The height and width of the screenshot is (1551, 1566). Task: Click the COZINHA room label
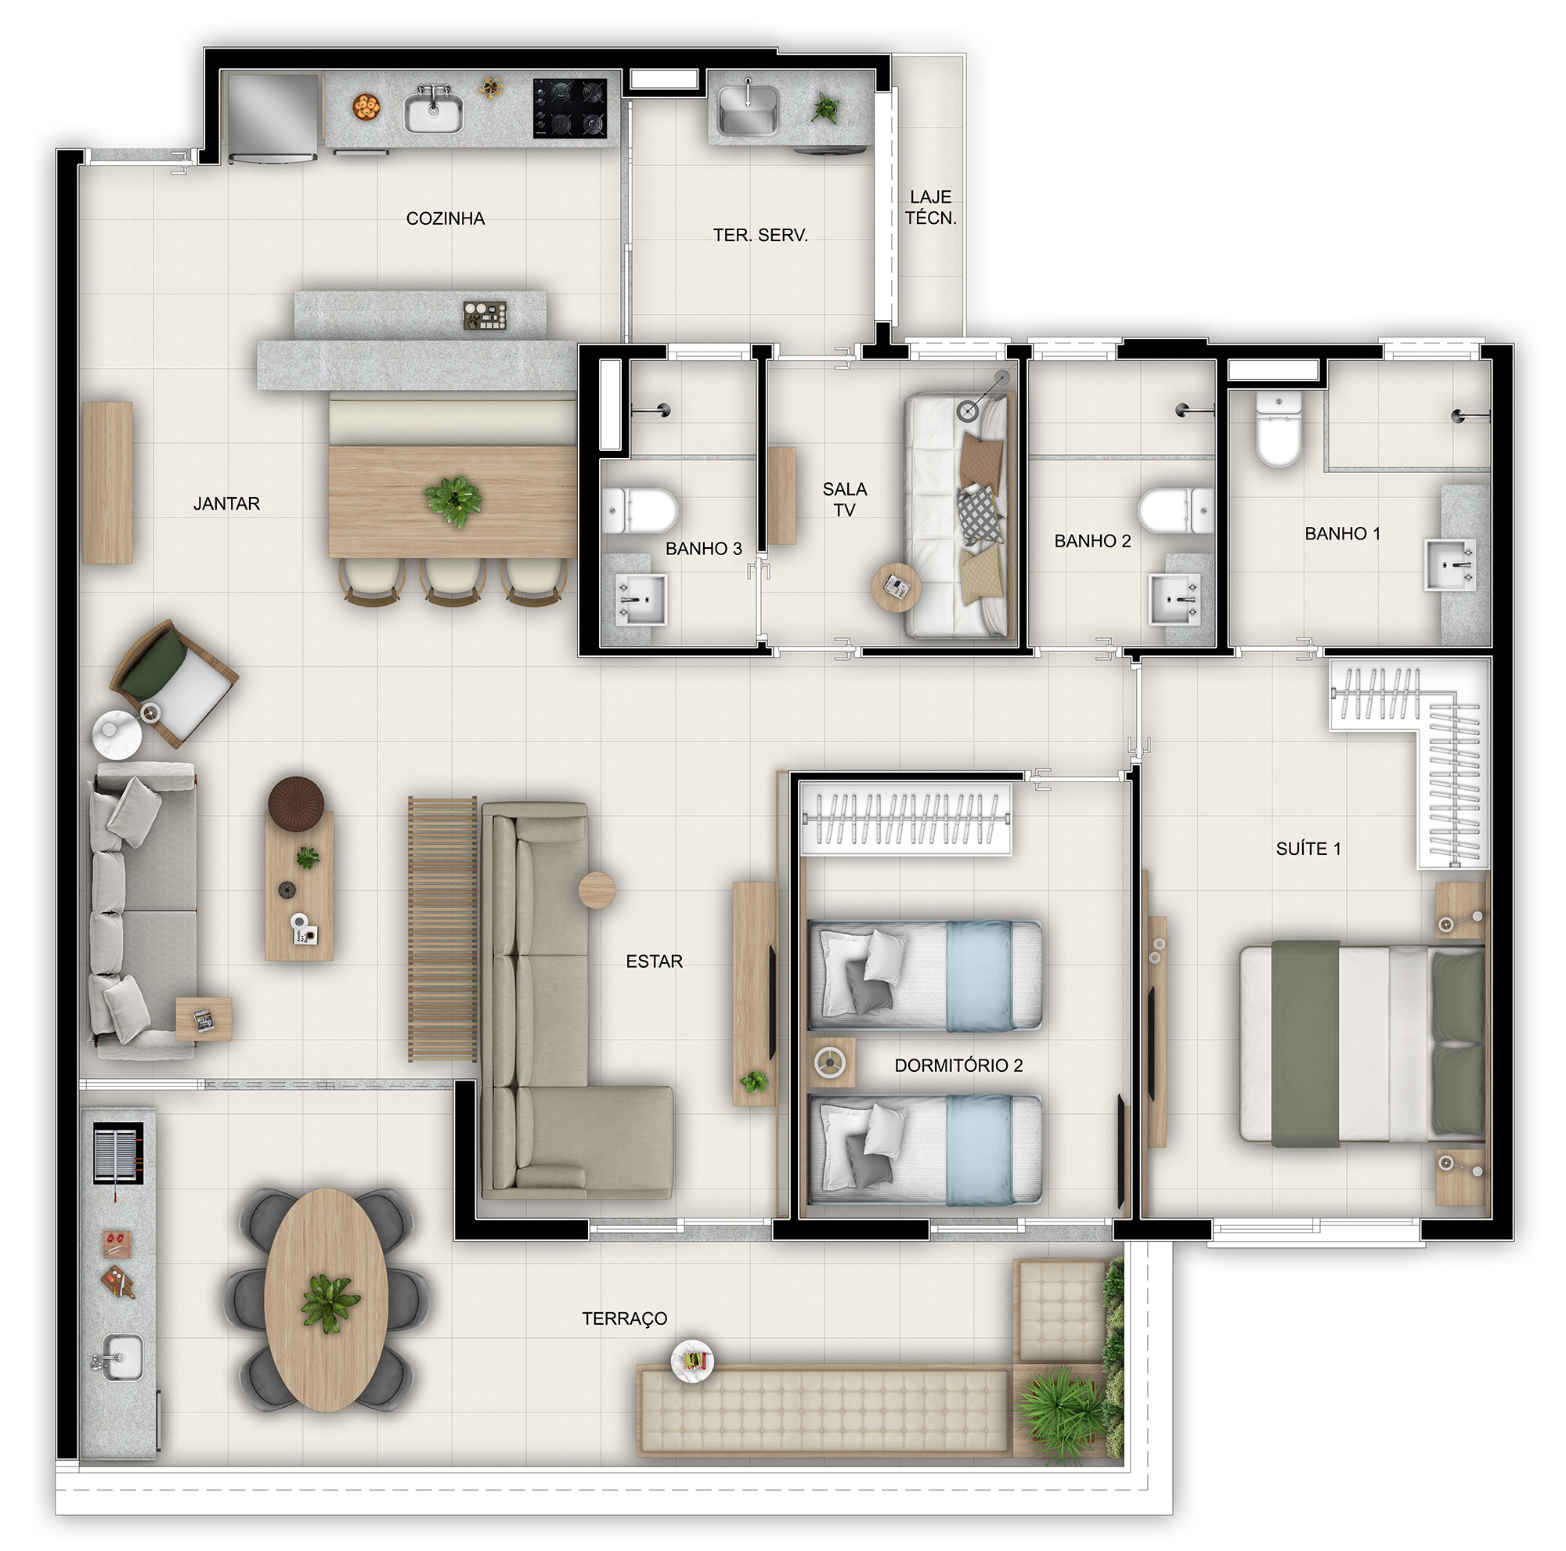(445, 218)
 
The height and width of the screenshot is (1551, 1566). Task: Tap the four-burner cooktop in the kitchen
(570, 108)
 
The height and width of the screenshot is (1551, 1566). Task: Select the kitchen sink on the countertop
(434, 110)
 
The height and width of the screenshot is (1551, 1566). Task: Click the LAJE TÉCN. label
(930, 207)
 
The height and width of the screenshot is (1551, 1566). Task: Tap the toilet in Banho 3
(640, 510)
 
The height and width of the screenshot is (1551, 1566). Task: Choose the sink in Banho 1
(1451, 564)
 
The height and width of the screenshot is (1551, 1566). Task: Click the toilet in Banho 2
(1176, 510)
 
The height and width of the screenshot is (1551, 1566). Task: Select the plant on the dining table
(453, 501)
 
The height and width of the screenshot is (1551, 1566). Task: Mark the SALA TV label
(845, 500)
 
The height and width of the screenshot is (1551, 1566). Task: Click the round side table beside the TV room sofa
(896, 586)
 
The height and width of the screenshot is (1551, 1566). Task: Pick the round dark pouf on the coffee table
(296, 803)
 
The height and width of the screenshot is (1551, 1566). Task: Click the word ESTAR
(654, 961)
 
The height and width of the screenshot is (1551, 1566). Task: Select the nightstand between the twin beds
(831, 1062)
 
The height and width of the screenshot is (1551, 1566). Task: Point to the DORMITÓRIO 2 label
(958, 1065)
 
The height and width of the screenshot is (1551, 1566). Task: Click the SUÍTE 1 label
(1308, 849)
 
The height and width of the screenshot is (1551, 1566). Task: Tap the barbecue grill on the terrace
(117, 1153)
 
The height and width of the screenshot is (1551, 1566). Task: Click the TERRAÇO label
(624, 1318)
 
